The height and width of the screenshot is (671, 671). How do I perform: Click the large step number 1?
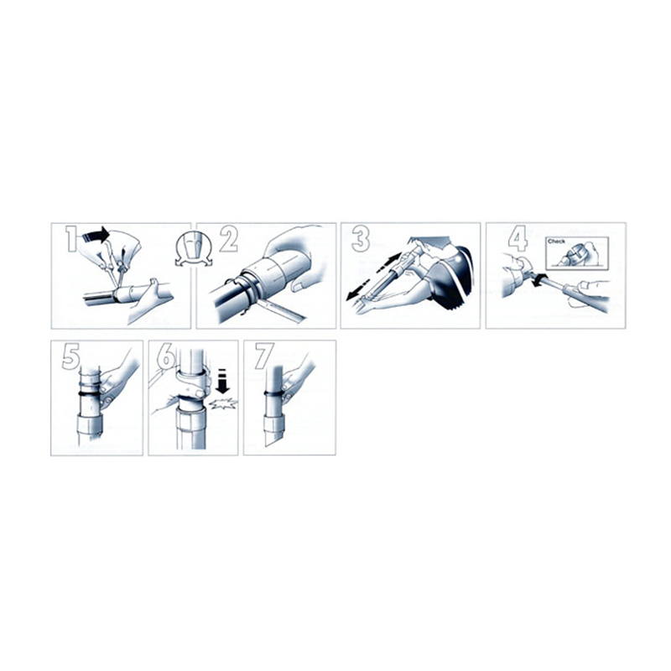[x=71, y=239]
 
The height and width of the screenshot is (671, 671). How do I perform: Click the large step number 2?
[x=229, y=239]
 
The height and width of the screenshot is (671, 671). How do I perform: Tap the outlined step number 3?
[x=361, y=239]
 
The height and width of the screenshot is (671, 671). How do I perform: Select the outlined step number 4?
[x=518, y=239]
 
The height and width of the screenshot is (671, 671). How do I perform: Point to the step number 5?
[x=70, y=357]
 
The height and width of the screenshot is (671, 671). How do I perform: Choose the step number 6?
[x=166, y=357]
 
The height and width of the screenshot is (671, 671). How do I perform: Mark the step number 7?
[x=264, y=357]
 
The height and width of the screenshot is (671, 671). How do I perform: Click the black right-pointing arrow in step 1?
[x=96, y=236]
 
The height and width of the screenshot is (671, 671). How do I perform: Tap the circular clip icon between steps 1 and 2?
[x=194, y=249]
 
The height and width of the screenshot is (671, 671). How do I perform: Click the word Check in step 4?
[x=556, y=242]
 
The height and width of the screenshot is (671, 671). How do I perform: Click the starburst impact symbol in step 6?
[x=223, y=403]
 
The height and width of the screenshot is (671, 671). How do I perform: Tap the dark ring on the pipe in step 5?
[x=91, y=392]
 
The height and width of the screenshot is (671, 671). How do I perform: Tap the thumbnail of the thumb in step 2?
[x=299, y=286]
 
